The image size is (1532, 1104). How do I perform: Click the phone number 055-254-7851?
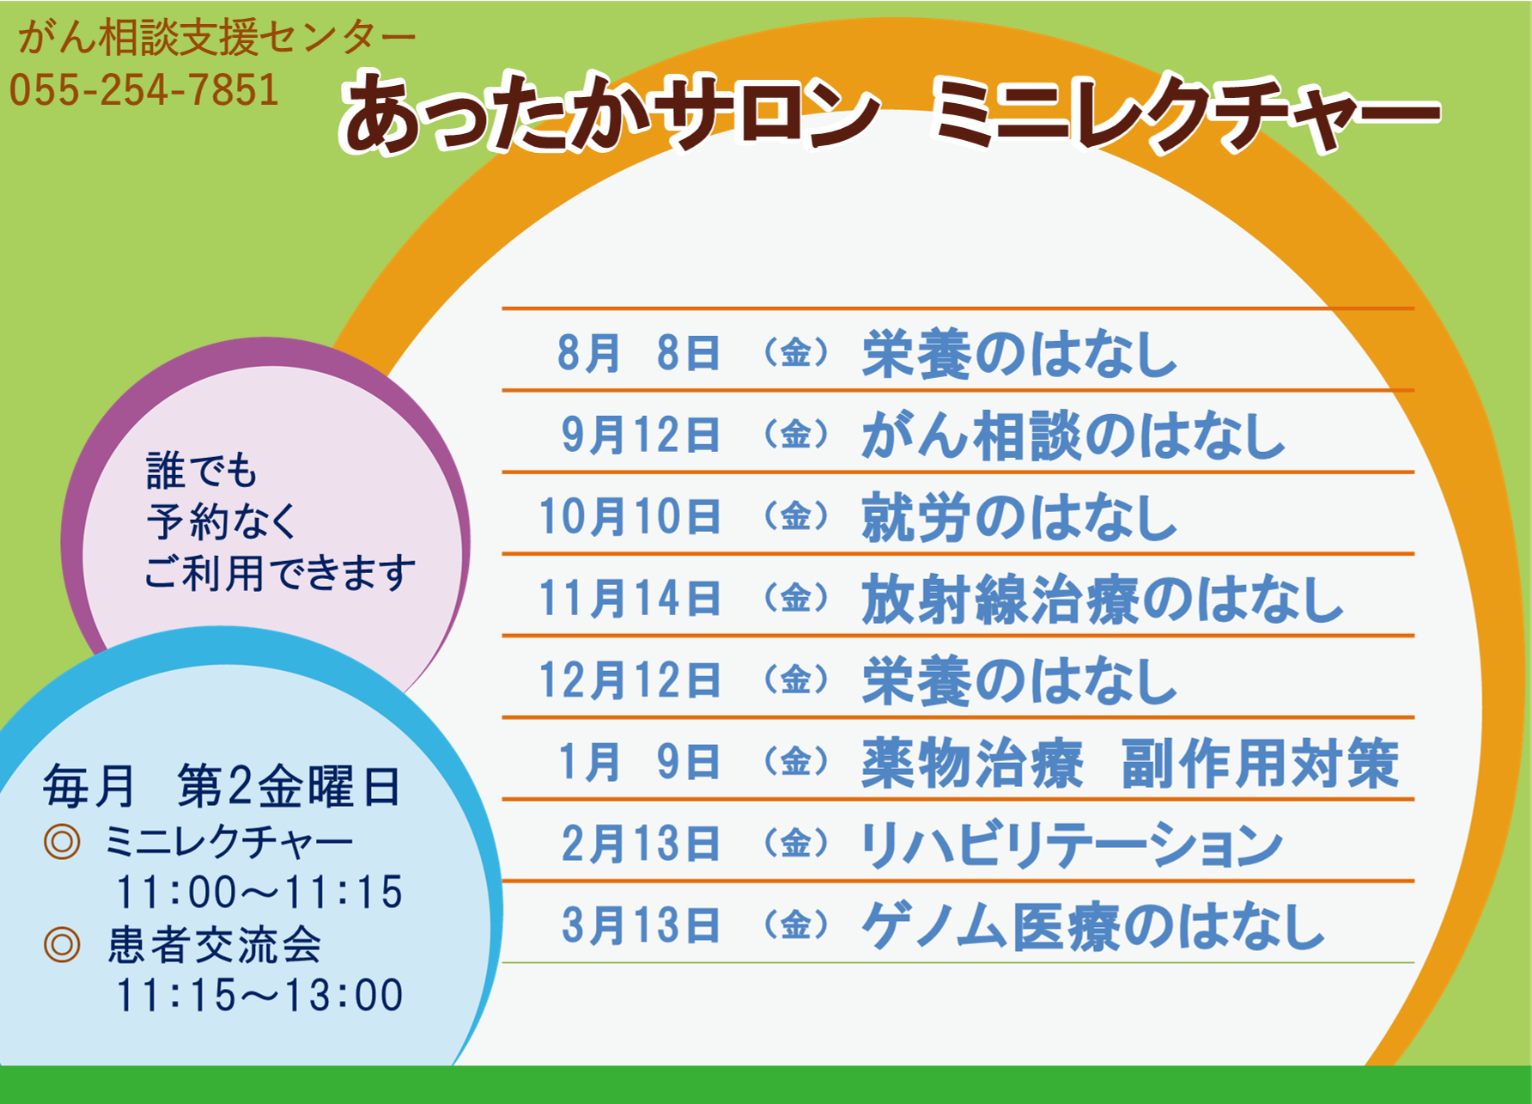[x=144, y=90]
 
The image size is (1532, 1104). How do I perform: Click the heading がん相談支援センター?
[x=216, y=38]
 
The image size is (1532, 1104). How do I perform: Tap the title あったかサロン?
[x=611, y=113]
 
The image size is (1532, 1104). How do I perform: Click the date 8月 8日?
[x=638, y=353]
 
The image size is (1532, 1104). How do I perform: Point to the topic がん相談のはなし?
[x=1073, y=435]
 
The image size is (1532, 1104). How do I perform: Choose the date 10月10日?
[x=629, y=516]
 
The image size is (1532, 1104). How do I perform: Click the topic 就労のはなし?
[x=1019, y=517]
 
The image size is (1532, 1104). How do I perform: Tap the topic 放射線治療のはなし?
[x=1103, y=599]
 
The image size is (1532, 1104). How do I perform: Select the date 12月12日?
[x=629, y=680]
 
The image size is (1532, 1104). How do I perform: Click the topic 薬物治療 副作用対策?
[x=1131, y=762]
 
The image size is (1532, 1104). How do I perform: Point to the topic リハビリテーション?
[x=1072, y=844]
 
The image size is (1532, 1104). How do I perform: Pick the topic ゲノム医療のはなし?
[x=1093, y=926]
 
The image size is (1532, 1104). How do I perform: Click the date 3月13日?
[x=641, y=925]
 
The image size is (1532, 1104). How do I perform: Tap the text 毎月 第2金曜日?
[x=222, y=786]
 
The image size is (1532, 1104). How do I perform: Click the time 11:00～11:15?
[x=259, y=892]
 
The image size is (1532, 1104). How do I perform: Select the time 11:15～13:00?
[x=259, y=995]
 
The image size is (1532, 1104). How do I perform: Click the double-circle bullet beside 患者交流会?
[x=62, y=945]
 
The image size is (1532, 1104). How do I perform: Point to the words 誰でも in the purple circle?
[x=202, y=470]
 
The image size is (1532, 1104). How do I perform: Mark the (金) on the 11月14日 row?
[x=796, y=598]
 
